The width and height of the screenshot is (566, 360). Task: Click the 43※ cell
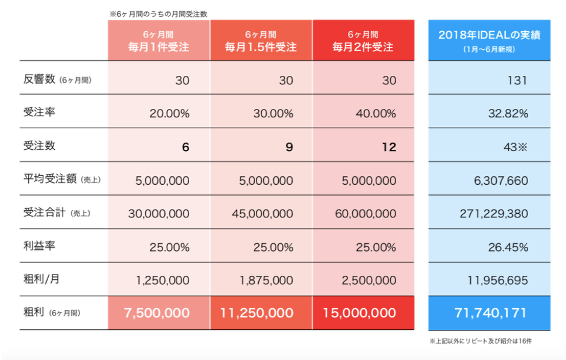515,147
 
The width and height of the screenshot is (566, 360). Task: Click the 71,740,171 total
489,313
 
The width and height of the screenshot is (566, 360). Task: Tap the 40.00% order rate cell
375,113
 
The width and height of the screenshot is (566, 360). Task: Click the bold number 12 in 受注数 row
388,147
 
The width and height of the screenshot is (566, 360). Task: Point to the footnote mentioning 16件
480,341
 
